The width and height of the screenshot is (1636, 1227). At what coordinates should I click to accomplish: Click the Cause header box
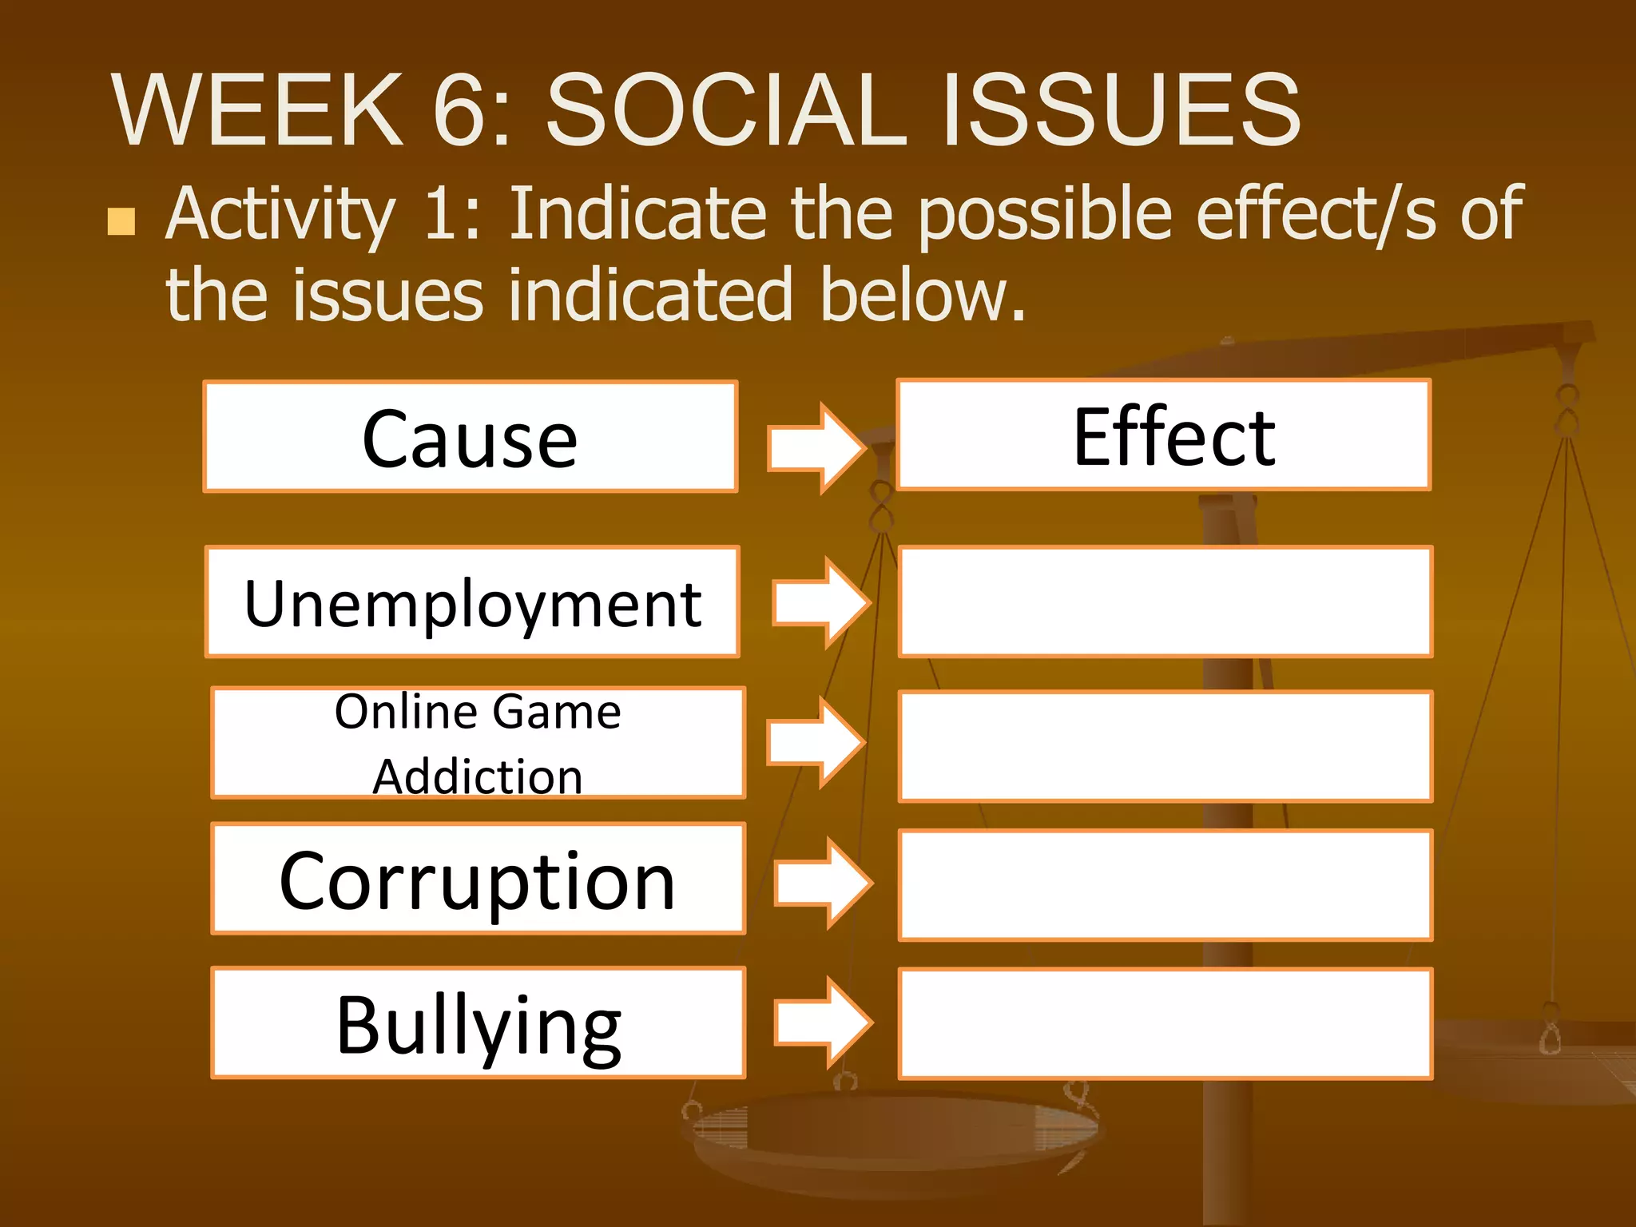[x=471, y=437]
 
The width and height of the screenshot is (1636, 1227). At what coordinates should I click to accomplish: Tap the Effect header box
[x=1164, y=435]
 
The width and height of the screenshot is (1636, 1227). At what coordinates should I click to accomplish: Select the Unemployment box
[x=472, y=602]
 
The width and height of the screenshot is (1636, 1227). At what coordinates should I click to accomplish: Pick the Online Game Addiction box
[x=478, y=743]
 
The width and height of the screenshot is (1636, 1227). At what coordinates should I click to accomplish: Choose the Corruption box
[x=478, y=879]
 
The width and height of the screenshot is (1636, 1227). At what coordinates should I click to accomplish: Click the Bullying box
[x=478, y=1023]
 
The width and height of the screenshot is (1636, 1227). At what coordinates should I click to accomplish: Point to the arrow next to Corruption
[x=824, y=883]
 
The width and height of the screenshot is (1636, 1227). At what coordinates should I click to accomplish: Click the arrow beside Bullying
[x=824, y=1022]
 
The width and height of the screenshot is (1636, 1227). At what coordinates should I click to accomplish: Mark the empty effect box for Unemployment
[x=1165, y=602]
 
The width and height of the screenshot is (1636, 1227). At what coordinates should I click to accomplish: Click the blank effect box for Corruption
[x=1165, y=885]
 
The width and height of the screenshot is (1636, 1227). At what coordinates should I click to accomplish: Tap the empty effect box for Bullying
[x=1165, y=1023]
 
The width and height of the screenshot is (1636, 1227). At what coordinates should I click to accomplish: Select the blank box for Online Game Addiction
[x=1165, y=746]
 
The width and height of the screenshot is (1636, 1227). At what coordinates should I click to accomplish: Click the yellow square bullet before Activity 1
[x=121, y=221]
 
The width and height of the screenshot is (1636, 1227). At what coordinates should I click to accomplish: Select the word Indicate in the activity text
[x=639, y=213]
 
